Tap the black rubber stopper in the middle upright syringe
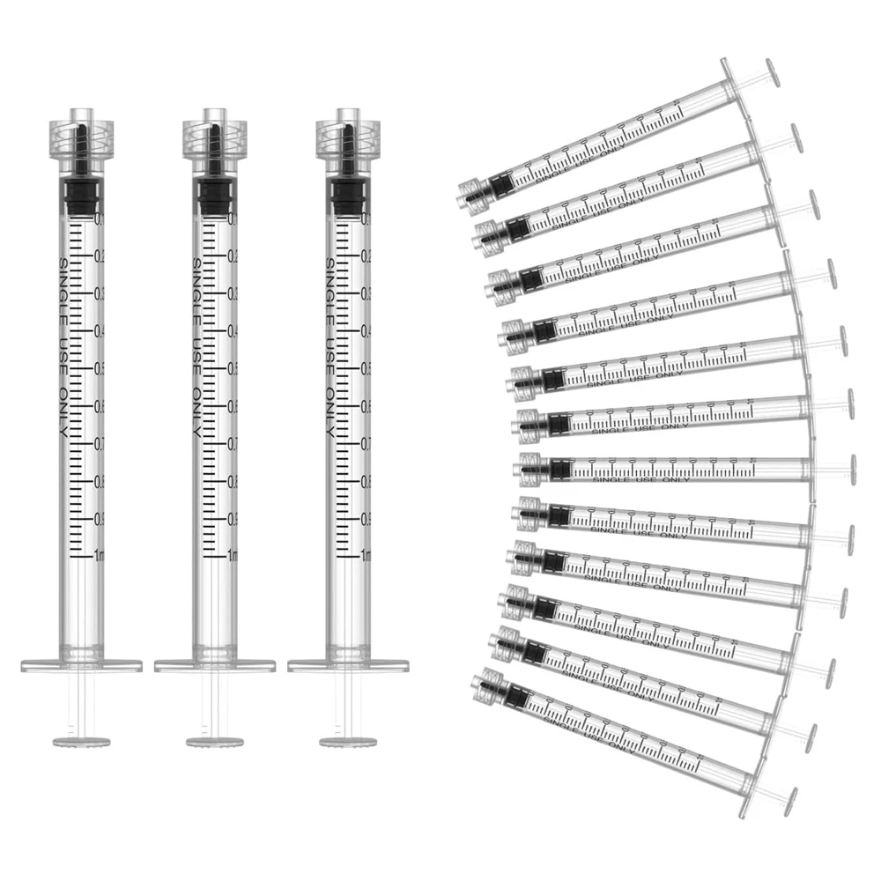point(212,196)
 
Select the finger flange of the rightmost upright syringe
point(346,664)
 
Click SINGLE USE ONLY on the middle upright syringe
point(196,349)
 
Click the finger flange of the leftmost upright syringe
point(81,664)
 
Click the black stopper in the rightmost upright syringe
point(346,196)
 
